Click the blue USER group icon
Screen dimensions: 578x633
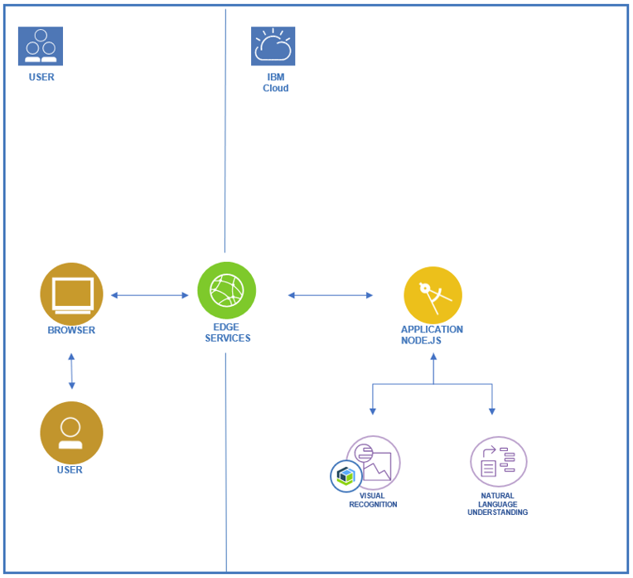click(x=41, y=46)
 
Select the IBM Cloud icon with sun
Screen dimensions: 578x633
click(x=273, y=46)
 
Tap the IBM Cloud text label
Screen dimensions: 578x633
click(x=275, y=83)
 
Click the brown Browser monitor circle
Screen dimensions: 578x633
click(x=72, y=294)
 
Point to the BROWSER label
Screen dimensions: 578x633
click(x=71, y=330)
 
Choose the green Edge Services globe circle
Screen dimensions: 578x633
click(x=226, y=290)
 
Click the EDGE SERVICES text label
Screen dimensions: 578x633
click(x=227, y=333)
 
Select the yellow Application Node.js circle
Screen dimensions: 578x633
click(x=432, y=295)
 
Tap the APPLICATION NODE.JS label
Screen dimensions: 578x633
click(x=432, y=335)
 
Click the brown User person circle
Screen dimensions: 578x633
click(x=71, y=432)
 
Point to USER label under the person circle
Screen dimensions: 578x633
click(x=70, y=470)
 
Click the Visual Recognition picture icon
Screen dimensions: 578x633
click(x=374, y=462)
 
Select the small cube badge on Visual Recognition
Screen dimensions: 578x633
click(x=346, y=476)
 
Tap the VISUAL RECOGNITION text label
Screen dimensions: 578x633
click(x=373, y=500)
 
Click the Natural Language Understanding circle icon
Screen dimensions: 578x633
click(x=498, y=461)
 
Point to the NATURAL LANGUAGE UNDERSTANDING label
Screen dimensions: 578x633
click(x=497, y=504)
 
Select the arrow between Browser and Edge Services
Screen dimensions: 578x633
click(x=150, y=295)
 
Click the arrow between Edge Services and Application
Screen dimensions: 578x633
click(x=330, y=295)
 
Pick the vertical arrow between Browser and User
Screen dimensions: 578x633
click(x=71, y=371)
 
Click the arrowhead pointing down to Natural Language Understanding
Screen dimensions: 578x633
click(x=492, y=410)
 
